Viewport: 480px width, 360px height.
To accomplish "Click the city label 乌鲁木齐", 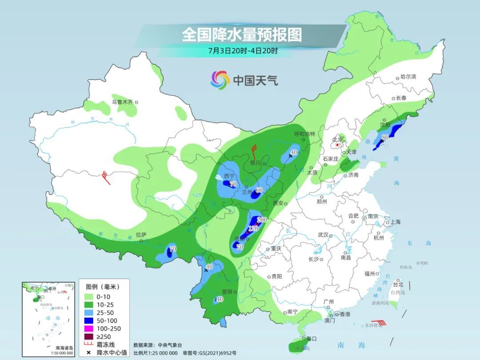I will (x=122, y=102).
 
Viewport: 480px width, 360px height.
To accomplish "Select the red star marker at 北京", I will (x=338, y=145).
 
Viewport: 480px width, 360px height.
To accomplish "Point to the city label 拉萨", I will (x=141, y=235).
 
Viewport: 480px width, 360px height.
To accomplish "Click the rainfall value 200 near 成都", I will (x=261, y=220).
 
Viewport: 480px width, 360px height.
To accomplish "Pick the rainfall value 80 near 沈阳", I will (x=385, y=137).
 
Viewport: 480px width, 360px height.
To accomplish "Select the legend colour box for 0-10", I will (x=88, y=296).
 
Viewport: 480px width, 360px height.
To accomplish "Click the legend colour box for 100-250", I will (x=88, y=328).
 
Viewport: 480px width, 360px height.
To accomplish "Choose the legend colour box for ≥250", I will (x=88, y=336).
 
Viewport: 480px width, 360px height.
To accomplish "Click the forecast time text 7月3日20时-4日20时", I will (x=243, y=51).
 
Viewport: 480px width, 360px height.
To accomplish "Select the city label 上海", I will (x=395, y=222).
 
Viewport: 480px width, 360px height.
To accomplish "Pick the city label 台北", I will (x=398, y=284).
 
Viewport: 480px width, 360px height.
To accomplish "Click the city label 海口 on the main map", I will (x=312, y=339).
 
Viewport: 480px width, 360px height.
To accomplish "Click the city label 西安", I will (x=278, y=203).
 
